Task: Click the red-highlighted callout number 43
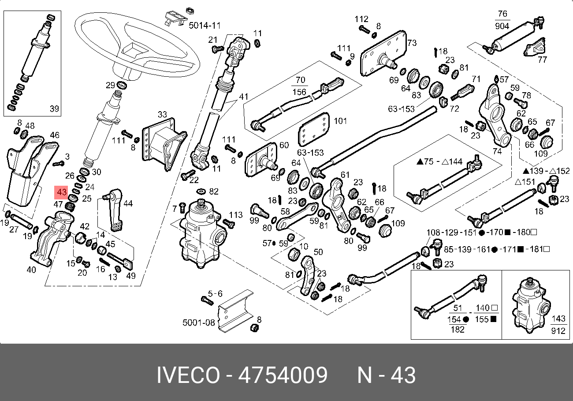click(61, 192)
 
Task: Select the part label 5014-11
click(204, 26)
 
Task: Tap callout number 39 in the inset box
click(54, 109)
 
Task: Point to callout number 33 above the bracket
click(162, 115)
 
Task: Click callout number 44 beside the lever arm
click(128, 203)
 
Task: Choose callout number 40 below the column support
click(31, 270)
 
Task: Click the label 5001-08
click(199, 322)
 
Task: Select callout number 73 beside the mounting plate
click(412, 43)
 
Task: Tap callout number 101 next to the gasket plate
click(341, 120)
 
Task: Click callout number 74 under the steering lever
click(497, 151)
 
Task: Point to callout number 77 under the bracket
click(542, 59)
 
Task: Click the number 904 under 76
click(502, 26)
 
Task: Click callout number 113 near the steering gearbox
click(236, 215)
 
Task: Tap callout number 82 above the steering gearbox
click(214, 191)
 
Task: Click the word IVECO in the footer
click(188, 376)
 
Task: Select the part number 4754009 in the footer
click(283, 376)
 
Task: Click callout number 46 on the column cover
click(55, 135)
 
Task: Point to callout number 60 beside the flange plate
click(284, 145)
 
